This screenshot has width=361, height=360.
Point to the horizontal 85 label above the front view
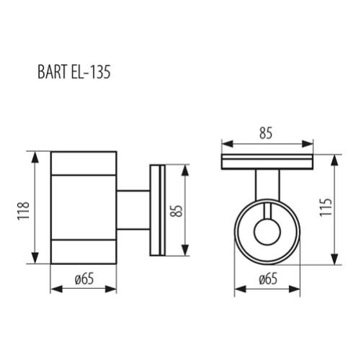click(267, 133)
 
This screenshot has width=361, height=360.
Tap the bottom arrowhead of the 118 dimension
click(33, 261)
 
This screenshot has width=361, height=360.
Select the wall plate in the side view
click(157, 210)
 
